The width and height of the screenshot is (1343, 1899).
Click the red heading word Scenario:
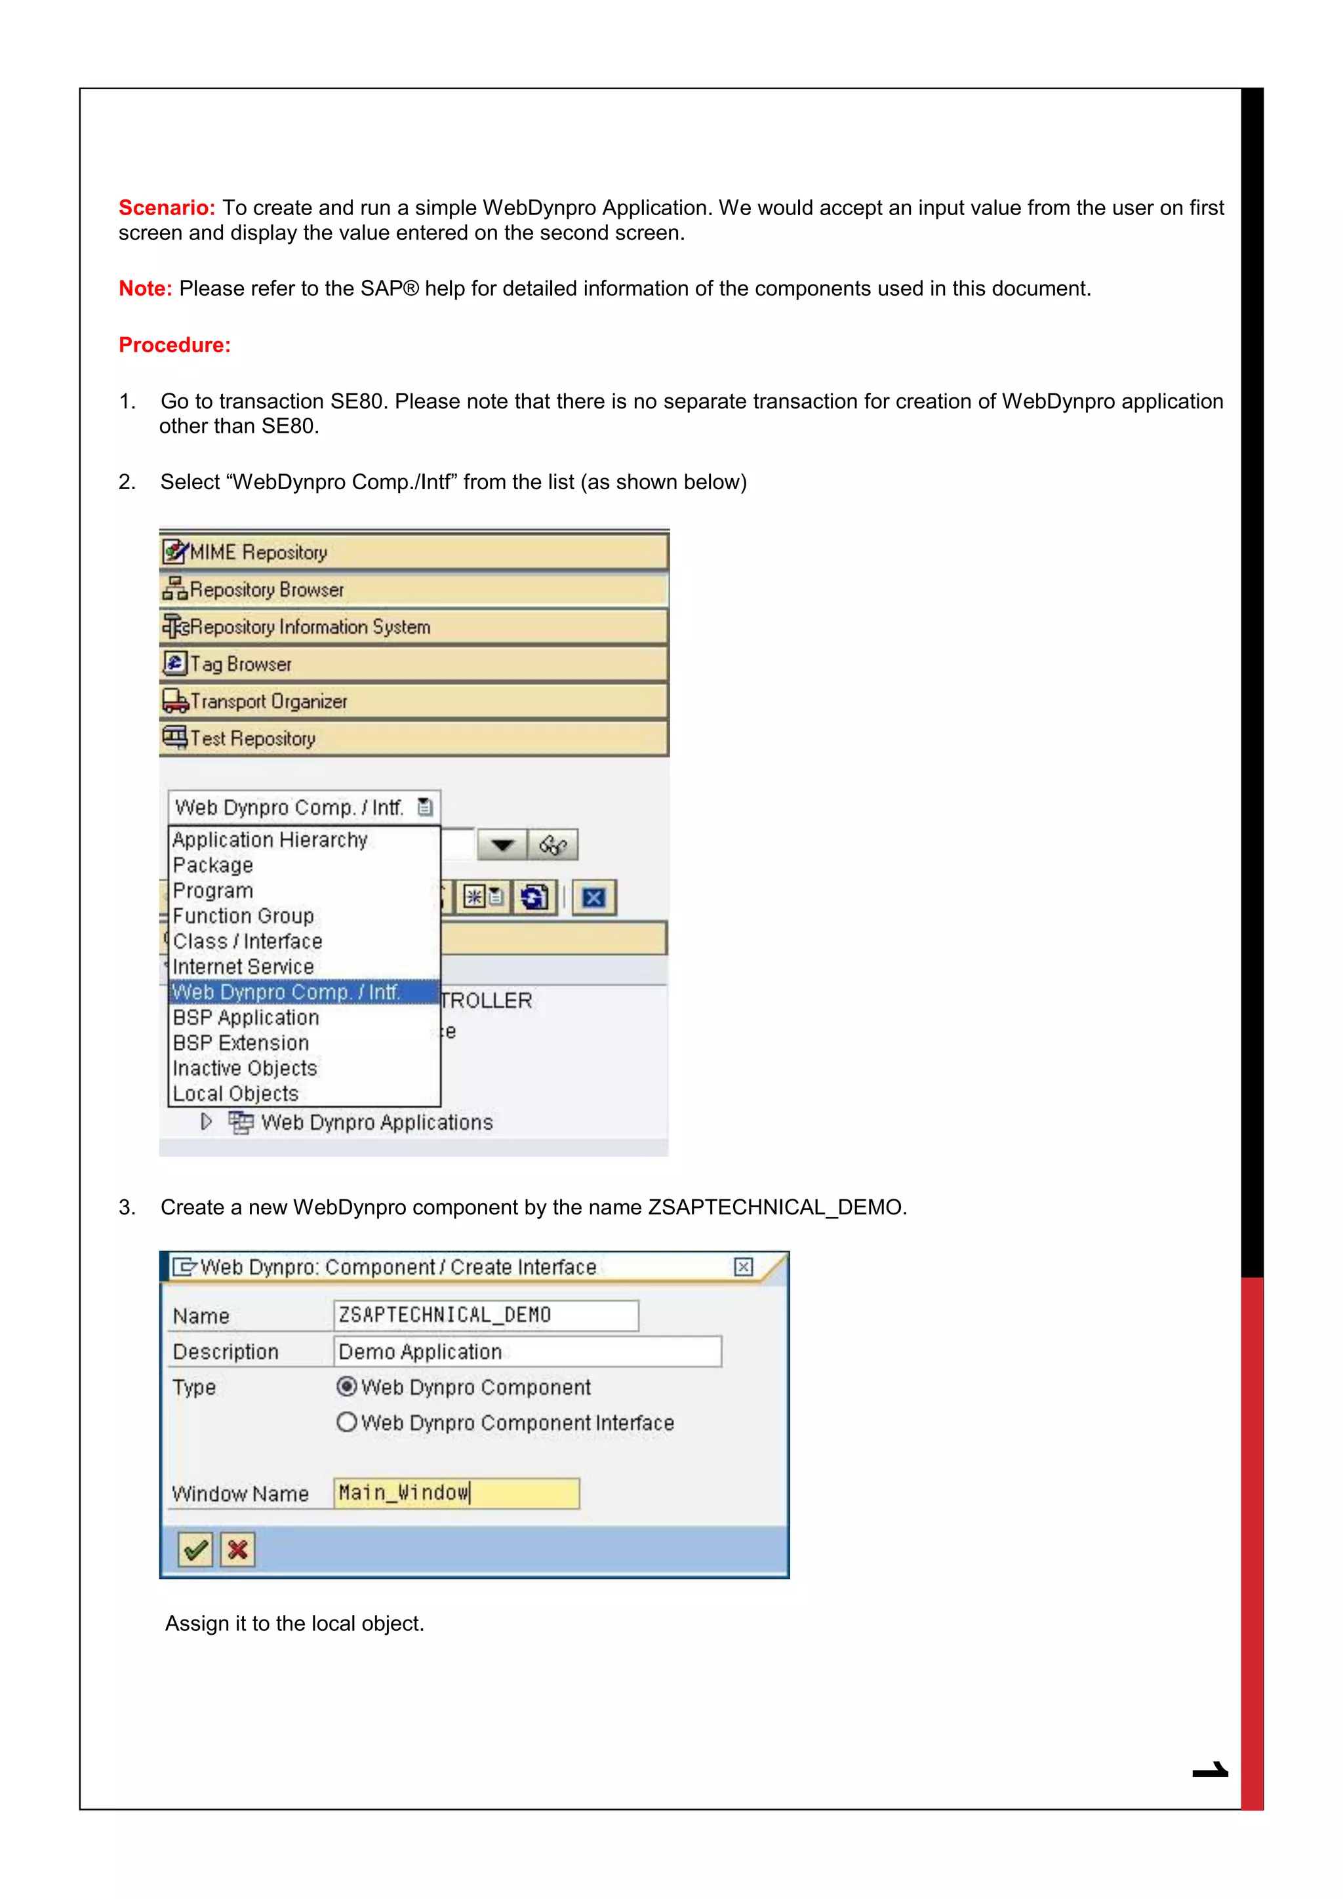point(166,208)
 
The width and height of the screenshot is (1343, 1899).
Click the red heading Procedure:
point(174,345)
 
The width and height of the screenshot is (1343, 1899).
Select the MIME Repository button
point(414,551)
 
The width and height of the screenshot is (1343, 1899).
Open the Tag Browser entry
point(414,664)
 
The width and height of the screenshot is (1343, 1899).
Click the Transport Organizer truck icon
point(174,702)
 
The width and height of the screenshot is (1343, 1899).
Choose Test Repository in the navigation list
point(414,738)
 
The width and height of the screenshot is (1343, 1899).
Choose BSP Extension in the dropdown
point(241,1043)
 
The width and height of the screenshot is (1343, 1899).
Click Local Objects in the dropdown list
point(235,1093)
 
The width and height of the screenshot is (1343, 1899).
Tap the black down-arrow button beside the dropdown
point(502,845)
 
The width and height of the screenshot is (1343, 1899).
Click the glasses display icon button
point(552,845)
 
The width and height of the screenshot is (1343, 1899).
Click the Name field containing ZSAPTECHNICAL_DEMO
point(485,1315)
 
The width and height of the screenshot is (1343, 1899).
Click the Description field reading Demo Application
point(527,1351)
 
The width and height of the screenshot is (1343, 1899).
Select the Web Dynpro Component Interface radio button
point(346,1422)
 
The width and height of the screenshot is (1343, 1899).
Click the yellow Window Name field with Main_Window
point(456,1493)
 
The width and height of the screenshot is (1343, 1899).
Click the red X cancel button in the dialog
point(237,1549)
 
